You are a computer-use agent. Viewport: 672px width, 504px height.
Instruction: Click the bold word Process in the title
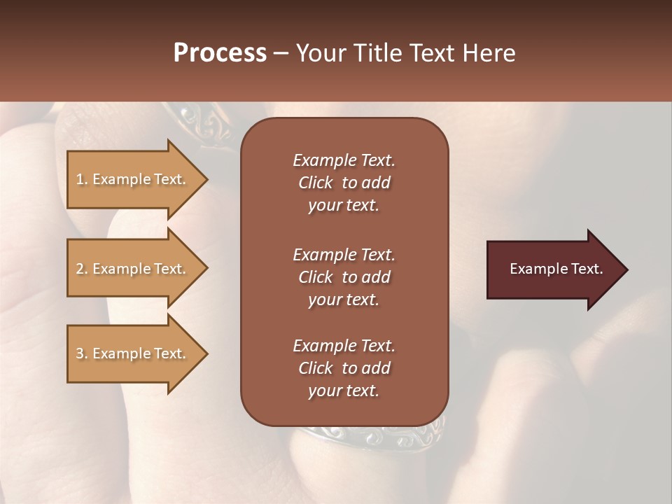click(x=220, y=53)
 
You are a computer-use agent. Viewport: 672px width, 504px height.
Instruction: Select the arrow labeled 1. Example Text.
click(x=133, y=179)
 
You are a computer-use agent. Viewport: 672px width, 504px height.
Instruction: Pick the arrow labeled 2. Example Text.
click(x=133, y=269)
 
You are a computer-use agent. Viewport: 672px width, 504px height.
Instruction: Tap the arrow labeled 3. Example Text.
click(x=133, y=353)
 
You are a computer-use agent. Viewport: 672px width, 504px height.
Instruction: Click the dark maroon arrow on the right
click(x=553, y=269)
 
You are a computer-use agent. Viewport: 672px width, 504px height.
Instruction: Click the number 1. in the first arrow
click(x=82, y=179)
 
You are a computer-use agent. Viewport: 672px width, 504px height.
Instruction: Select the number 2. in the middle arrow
click(x=82, y=269)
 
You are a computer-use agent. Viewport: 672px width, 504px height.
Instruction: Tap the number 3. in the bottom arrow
click(x=82, y=353)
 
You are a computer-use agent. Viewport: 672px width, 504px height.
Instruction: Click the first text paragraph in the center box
click(x=344, y=183)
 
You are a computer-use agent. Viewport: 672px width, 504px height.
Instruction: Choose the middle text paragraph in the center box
click(x=344, y=277)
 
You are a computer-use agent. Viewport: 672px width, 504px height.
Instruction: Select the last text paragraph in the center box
click(x=344, y=368)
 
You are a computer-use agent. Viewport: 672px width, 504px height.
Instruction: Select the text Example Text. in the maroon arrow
click(x=556, y=269)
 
